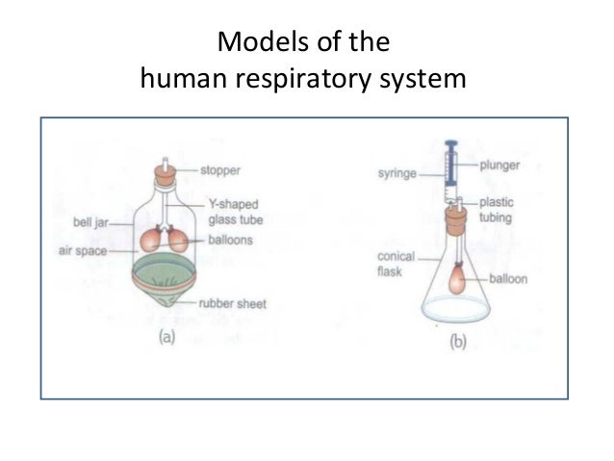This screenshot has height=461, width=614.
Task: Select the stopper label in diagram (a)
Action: coord(220,170)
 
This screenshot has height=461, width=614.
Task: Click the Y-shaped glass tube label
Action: coord(234,212)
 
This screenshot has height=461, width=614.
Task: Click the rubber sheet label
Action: coord(232,304)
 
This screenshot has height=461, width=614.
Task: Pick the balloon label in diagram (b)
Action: coord(510,279)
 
